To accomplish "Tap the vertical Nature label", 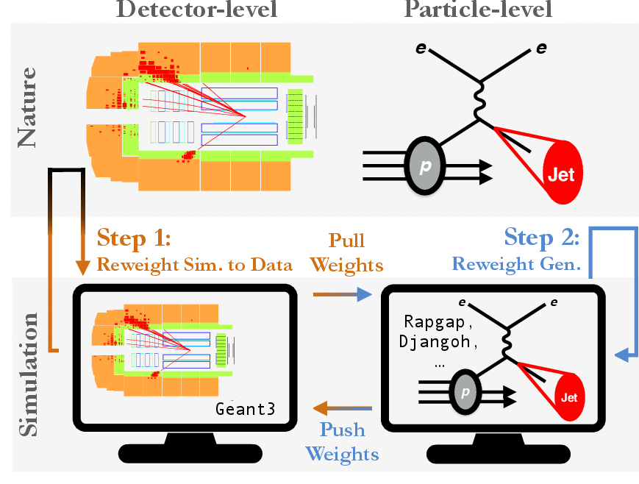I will click(28, 107).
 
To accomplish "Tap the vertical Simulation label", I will click(28, 374).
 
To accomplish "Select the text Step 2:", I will click(542, 239).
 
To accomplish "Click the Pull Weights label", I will click(346, 252).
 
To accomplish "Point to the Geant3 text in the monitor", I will click(246, 409).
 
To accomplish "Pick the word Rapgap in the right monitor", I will click(438, 321).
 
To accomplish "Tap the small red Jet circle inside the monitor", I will click(569, 397).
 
